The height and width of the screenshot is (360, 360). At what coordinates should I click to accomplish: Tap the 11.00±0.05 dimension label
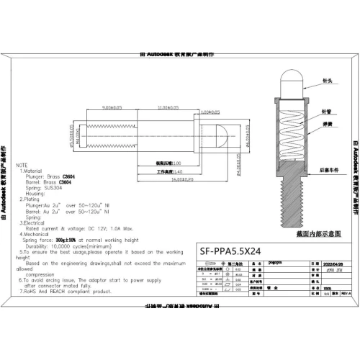[x=168, y=107]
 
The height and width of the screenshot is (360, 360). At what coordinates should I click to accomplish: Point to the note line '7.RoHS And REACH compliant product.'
[x=66, y=292]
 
